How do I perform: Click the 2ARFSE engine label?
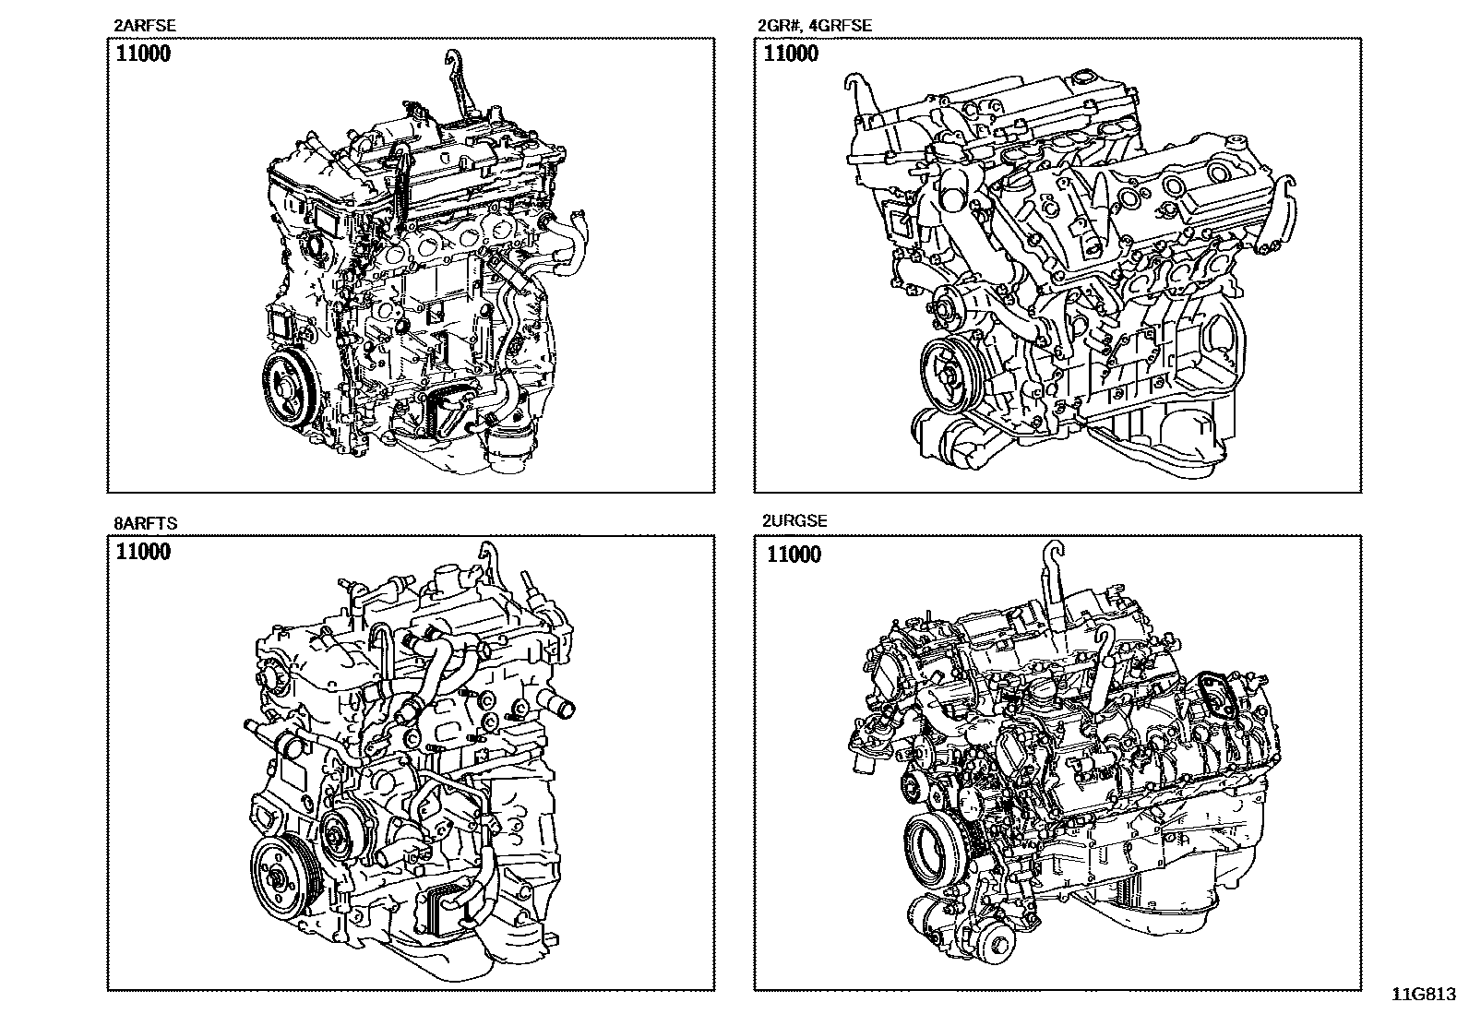[x=145, y=26]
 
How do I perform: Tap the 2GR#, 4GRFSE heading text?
[x=815, y=26]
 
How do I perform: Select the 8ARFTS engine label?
[x=146, y=523]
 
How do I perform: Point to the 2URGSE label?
[x=794, y=520]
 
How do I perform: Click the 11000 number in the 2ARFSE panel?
[x=143, y=54]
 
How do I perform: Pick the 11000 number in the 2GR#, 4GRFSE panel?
[x=791, y=54]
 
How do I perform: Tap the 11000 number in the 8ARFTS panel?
[x=143, y=552]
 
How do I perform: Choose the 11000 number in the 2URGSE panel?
[x=794, y=555]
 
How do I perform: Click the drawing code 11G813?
[x=1424, y=995]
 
